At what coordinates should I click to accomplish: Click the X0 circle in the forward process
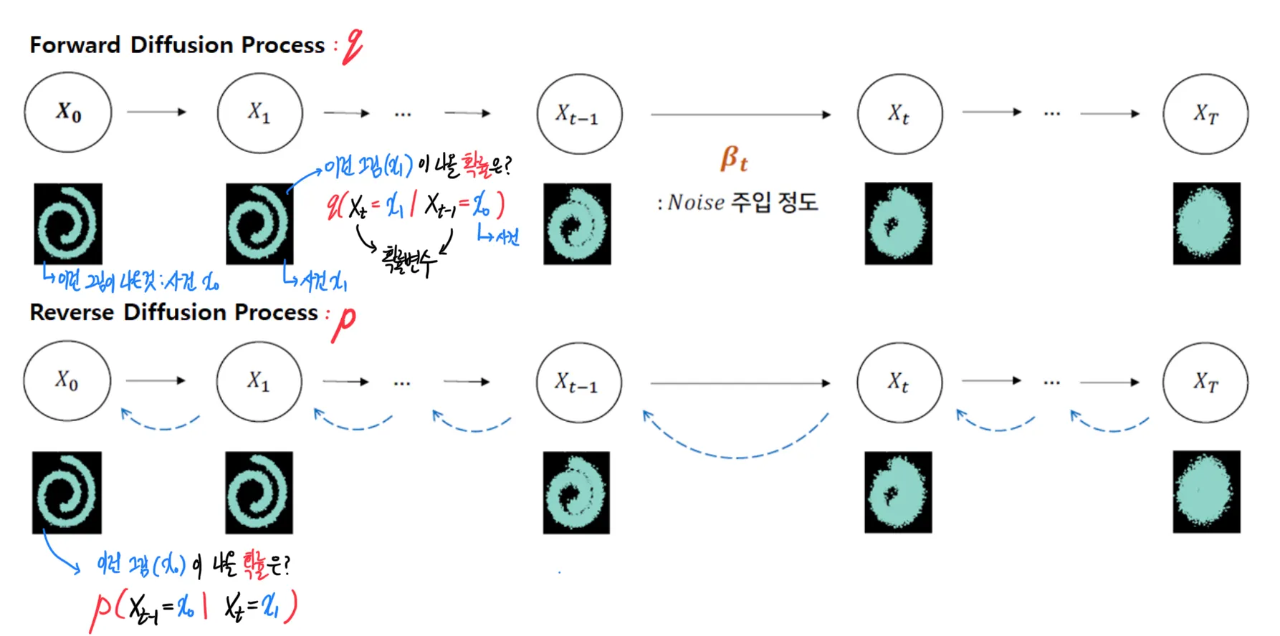pos(68,112)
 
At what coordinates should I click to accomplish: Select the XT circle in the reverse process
pos(1205,382)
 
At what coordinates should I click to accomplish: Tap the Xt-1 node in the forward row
pos(579,114)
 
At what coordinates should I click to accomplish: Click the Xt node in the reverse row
pos(899,382)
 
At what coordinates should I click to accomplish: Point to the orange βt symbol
pos(734,158)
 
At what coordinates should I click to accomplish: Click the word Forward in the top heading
pos(75,45)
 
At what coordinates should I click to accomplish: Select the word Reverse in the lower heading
pos(72,313)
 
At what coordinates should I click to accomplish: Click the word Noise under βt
pos(696,203)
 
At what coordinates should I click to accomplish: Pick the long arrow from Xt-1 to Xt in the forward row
pos(740,114)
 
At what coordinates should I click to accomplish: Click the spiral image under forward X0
pos(68,223)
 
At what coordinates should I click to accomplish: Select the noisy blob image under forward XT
pos(1206,223)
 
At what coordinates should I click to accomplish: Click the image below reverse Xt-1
pos(576,493)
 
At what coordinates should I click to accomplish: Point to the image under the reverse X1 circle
pos(259,493)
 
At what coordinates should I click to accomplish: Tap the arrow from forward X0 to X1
pos(156,112)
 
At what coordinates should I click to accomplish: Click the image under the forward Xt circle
pos(898,223)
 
